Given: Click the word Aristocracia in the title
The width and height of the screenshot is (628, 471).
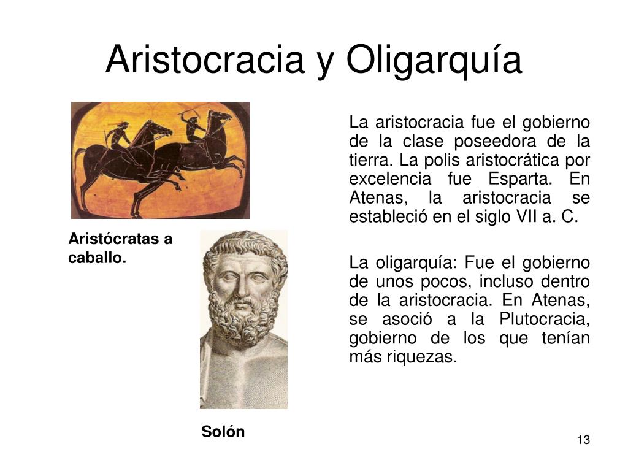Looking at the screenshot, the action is [x=205, y=59].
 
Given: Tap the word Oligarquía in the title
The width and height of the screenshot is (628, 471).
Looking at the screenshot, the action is [x=434, y=61].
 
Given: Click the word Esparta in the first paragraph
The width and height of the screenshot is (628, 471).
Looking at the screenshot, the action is [x=520, y=178].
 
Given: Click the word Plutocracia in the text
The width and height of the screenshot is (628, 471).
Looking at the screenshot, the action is [x=545, y=319].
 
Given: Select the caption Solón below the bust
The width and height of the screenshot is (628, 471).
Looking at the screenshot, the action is [x=223, y=432].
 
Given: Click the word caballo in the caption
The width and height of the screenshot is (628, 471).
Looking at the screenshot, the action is [x=97, y=258].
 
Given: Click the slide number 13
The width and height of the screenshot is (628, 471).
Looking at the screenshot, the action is [x=584, y=440].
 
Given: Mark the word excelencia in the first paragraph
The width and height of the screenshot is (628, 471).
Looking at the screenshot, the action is [x=390, y=178].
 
